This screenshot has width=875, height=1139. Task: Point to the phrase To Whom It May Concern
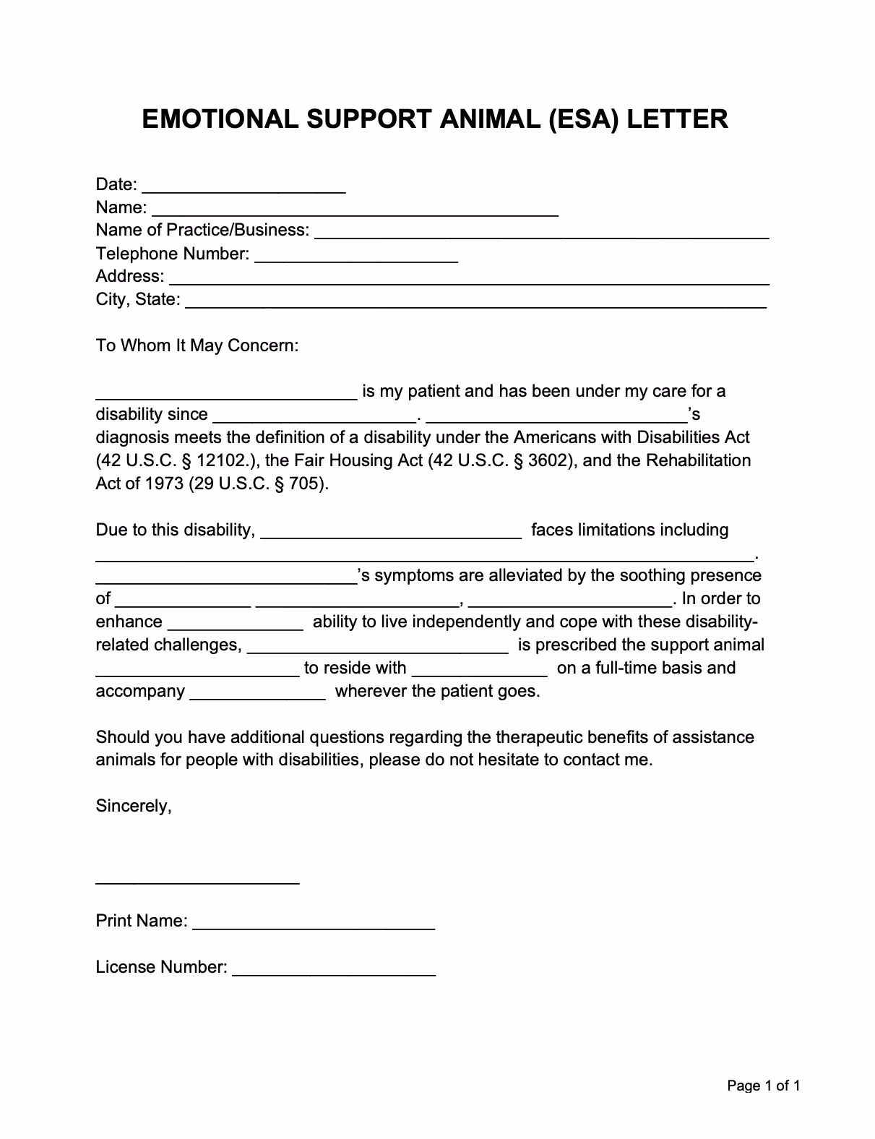tap(197, 345)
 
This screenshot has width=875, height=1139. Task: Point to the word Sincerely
tap(134, 806)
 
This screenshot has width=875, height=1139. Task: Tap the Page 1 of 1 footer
tap(763, 1086)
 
